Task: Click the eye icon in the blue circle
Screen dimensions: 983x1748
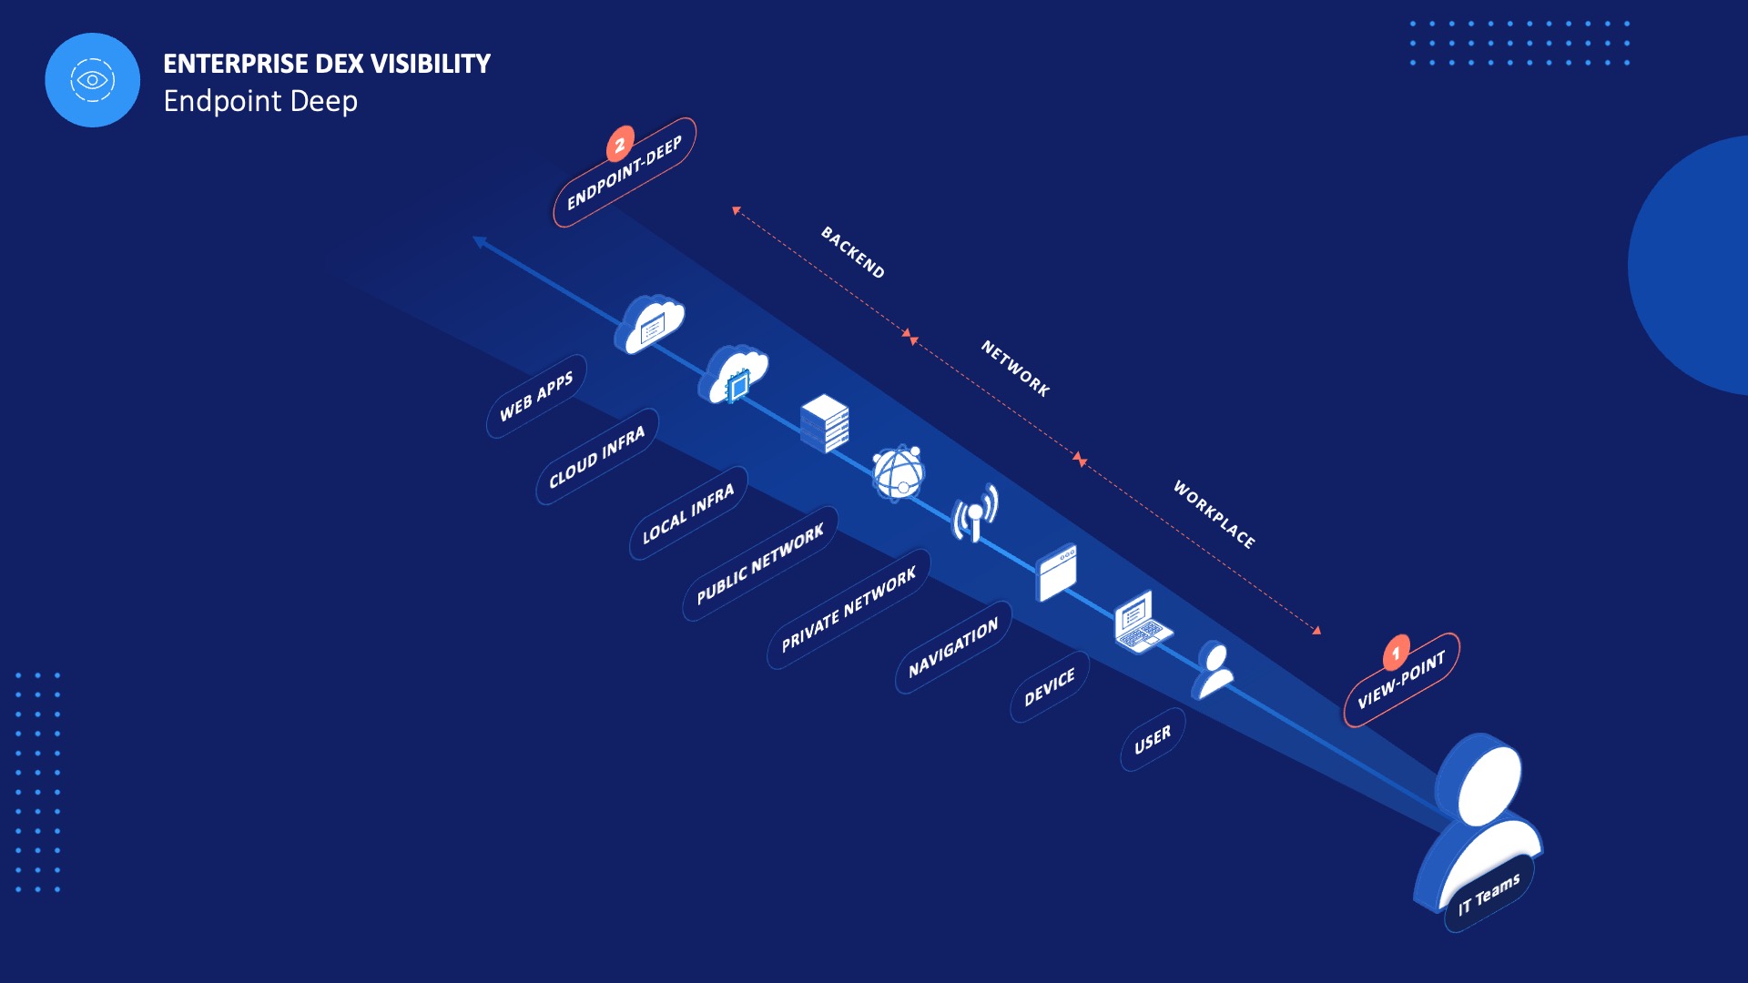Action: click(x=92, y=80)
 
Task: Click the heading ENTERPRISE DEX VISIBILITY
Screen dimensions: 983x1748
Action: click(x=326, y=64)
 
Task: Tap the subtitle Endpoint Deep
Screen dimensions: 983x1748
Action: click(x=260, y=101)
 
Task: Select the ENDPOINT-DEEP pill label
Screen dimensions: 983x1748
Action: click(x=625, y=173)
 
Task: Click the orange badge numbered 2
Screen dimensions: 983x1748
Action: click(x=620, y=144)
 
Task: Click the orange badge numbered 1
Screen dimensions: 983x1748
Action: click(x=1396, y=653)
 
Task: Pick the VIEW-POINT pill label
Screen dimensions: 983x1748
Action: click(x=1401, y=680)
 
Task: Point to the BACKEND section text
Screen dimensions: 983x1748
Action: click(x=852, y=252)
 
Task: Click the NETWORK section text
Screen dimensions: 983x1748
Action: click(x=1015, y=368)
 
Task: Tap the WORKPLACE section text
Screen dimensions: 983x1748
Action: click(x=1214, y=514)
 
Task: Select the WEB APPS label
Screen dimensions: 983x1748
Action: click(x=536, y=396)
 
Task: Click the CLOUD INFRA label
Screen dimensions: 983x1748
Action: click(x=596, y=457)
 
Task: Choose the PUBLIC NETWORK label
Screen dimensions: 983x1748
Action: click(x=760, y=563)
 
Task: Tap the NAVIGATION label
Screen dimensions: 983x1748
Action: click(x=953, y=647)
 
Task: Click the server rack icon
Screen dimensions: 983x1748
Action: click(x=825, y=423)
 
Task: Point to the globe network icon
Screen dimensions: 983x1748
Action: click(x=899, y=472)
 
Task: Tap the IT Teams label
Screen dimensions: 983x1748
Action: click(x=1489, y=894)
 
